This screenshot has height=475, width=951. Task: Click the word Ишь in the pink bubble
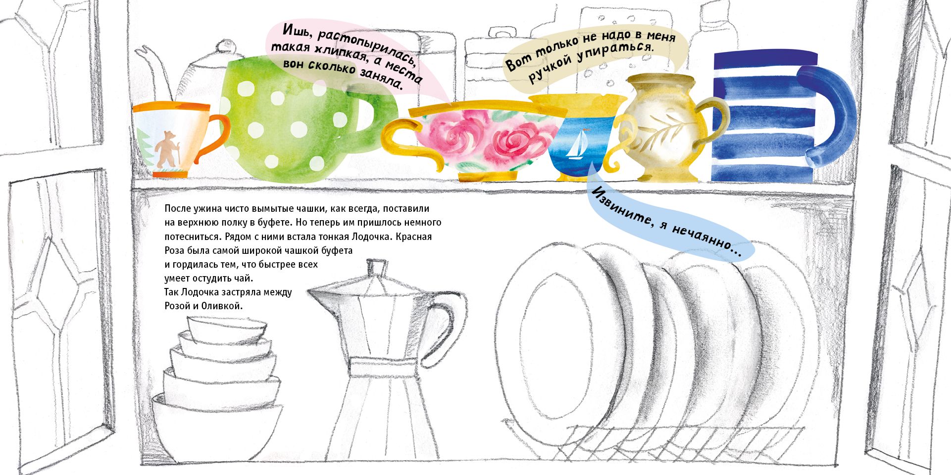pyautogui.click(x=295, y=31)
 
